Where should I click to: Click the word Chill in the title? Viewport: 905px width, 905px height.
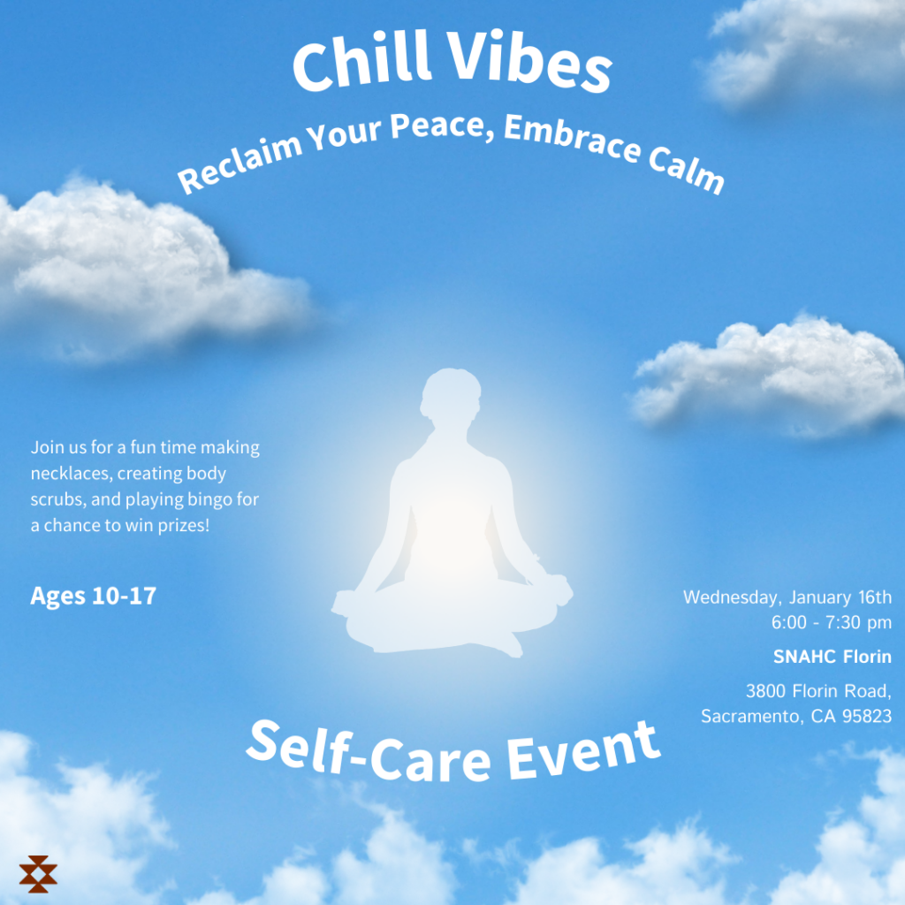pyautogui.click(x=362, y=61)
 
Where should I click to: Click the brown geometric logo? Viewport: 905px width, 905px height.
pyautogui.click(x=38, y=874)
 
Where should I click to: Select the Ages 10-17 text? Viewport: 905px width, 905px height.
pyautogui.click(x=94, y=596)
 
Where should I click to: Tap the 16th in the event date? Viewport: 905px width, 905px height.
pyautogui.click(x=875, y=597)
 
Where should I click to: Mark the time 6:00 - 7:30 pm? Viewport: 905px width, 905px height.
pyautogui.click(x=832, y=622)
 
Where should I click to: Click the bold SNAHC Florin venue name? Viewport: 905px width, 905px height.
pyautogui.click(x=833, y=657)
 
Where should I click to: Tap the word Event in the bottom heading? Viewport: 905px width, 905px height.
pyautogui.click(x=583, y=749)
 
